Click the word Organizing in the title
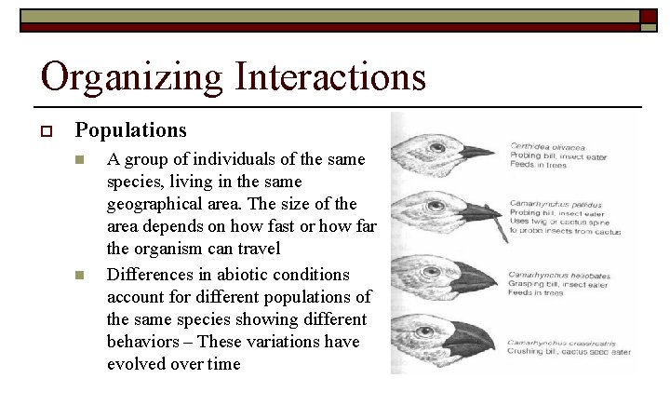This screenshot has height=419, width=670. (x=131, y=77)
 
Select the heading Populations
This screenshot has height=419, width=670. (x=130, y=130)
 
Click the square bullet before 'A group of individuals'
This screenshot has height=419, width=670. (x=81, y=160)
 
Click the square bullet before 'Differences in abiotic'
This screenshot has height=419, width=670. (x=81, y=276)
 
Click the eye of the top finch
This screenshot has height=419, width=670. (x=431, y=142)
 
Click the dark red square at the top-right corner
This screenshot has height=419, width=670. (x=649, y=16)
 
